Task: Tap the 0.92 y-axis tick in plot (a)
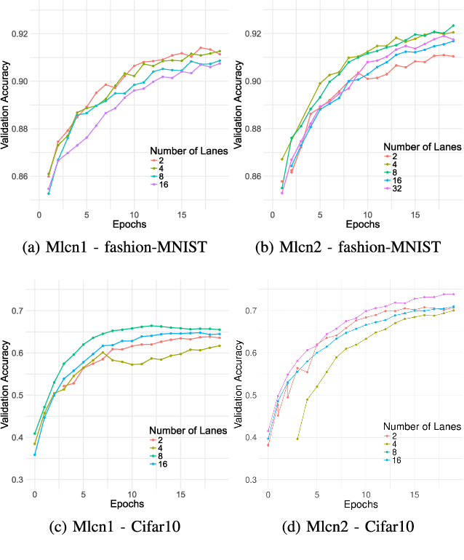tap(23, 33)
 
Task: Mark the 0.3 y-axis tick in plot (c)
tap(23, 480)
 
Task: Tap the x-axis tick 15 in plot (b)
tap(415, 215)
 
